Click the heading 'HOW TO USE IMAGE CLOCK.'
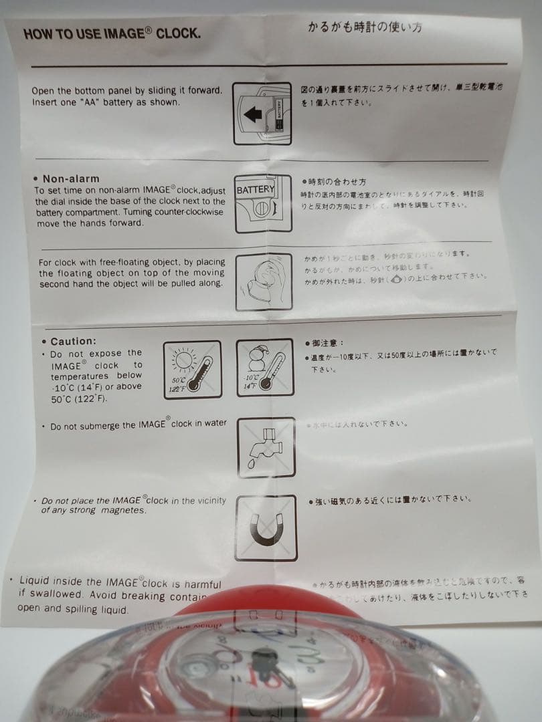pos(111,33)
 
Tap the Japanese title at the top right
pos(365,27)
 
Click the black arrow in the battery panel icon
pos(253,114)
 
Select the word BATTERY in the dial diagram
pos(255,190)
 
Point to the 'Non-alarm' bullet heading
pos(70,178)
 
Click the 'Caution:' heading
pos(73,341)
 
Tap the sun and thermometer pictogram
pos(192,370)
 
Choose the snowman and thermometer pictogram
pos(264,367)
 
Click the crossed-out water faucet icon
pos(266,447)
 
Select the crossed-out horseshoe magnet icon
pos(266,528)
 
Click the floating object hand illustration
pos(264,282)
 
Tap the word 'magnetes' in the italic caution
pos(124,511)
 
